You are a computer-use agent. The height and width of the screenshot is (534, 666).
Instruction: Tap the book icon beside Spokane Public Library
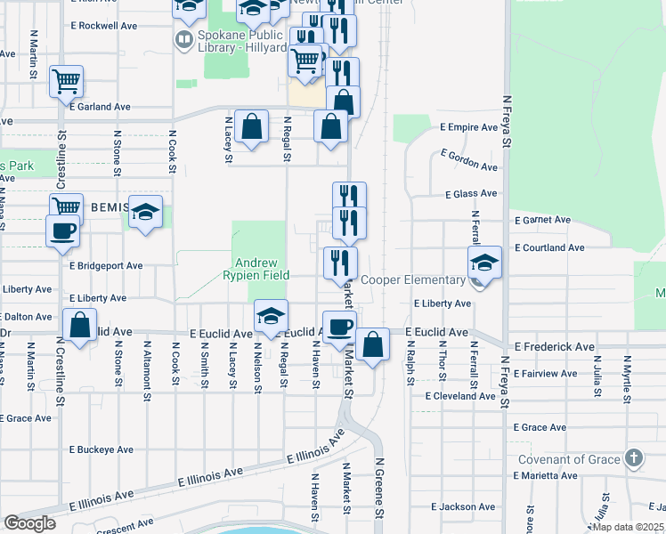pyautogui.click(x=183, y=39)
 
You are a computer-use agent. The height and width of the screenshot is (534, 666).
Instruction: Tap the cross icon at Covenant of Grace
pyautogui.click(x=633, y=459)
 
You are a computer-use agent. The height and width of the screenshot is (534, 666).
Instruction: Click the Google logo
pyautogui.click(x=30, y=523)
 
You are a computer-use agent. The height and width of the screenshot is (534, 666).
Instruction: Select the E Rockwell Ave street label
pyautogui.click(x=107, y=26)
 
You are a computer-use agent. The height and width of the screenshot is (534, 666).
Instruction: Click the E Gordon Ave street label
pyautogui.click(x=469, y=160)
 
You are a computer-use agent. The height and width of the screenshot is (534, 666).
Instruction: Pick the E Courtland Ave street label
pyautogui.click(x=548, y=248)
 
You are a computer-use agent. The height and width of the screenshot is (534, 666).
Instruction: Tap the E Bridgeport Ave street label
pyautogui.click(x=106, y=265)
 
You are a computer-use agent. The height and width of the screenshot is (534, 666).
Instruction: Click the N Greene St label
pyautogui.click(x=378, y=489)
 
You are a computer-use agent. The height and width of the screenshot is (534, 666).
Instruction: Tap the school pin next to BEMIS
pyautogui.click(x=146, y=212)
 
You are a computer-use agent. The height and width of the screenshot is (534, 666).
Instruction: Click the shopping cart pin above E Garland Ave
pyautogui.click(x=66, y=82)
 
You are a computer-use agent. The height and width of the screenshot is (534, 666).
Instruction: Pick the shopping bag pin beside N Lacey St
pyautogui.click(x=253, y=126)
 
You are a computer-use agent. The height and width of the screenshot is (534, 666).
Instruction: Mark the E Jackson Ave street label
pyautogui.click(x=463, y=506)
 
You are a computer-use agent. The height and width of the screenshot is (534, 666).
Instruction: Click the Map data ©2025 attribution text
pyautogui.click(x=628, y=527)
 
